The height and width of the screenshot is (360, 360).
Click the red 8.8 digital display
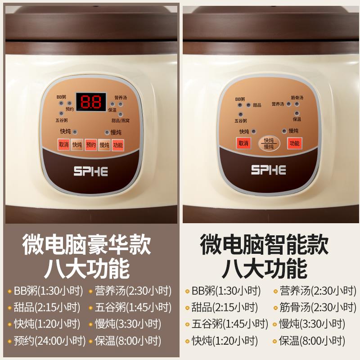tap(91, 102)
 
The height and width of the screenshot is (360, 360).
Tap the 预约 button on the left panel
tap(91, 144)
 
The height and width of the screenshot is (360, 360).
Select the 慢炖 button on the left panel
tap(104, 144)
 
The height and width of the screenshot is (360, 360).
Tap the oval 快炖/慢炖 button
tap(269, 144)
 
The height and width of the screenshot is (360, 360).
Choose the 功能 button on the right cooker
tap(295, 144)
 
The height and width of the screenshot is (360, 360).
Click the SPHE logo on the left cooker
tap(90, 171)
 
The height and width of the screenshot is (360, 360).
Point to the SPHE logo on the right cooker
tap(269, 170)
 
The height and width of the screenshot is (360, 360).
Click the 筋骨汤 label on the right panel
tap(297, 98)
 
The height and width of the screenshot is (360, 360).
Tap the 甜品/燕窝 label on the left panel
tap(120, 120)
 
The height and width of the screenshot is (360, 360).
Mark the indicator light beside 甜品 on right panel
tap(248, 105)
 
